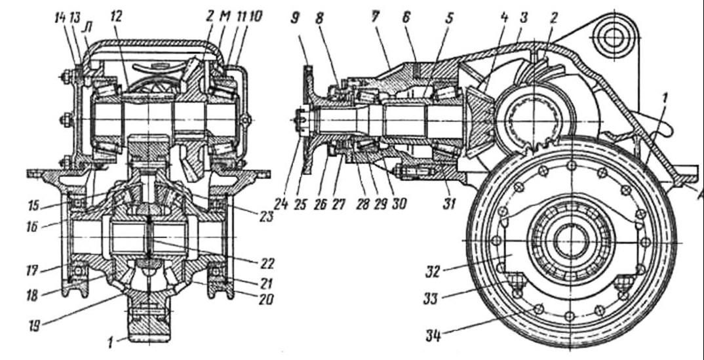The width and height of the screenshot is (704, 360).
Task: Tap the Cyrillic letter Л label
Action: click(x=87, y=26)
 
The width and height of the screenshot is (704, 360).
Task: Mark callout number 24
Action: click(x=282, y=204)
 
